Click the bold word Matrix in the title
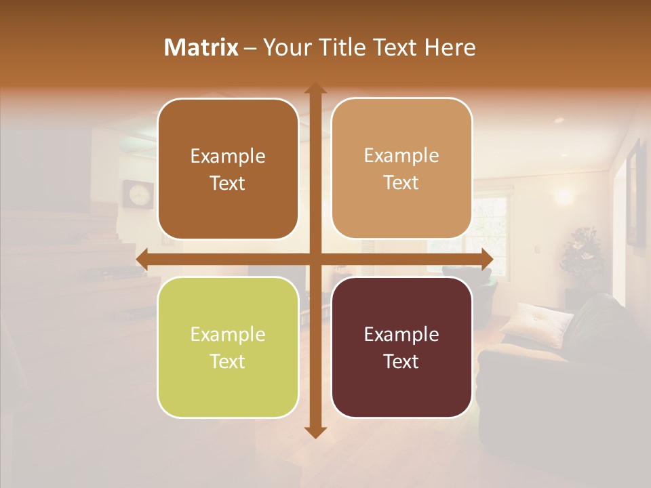pos(201,47)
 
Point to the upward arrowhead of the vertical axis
pos(315,89)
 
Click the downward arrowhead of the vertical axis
pos(315,432)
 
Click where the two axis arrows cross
pos(315,260)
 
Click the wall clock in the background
pos(138,194)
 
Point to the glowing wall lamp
pos(564,196)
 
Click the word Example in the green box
pos(228,334)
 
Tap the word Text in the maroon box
pos(401,361)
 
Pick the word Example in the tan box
pos(401,155)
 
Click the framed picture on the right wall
pos(635,193)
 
